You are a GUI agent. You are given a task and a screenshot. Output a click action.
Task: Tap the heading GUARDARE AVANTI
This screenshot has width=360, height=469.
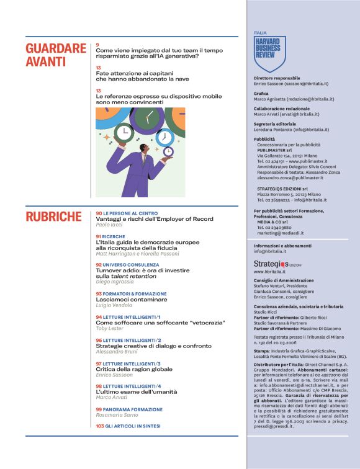pyautogui.click(x=56, y=55)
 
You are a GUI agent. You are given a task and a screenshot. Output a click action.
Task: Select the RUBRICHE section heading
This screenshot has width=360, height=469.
pyautogui.click(x=53, y=217)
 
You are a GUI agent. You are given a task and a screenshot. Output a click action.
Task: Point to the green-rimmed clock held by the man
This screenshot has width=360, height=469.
pyautogui.click(x=124, y=132)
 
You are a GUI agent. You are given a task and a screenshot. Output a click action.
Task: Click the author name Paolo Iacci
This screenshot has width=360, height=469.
pyautogui.click(x=109, y=225)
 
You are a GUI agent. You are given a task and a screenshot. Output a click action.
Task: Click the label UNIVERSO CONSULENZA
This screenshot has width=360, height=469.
pyautogui.click(x=127, y=264)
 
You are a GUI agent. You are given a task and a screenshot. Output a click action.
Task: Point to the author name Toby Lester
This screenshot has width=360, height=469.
pyautogui.click(x=110, y=328)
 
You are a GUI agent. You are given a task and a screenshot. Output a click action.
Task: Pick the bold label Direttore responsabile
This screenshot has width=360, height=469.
pyautogui.click(x=277, y=78)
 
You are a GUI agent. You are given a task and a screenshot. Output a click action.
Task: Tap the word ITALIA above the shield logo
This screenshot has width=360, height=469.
pyautogui.click(x=260, y=32)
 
